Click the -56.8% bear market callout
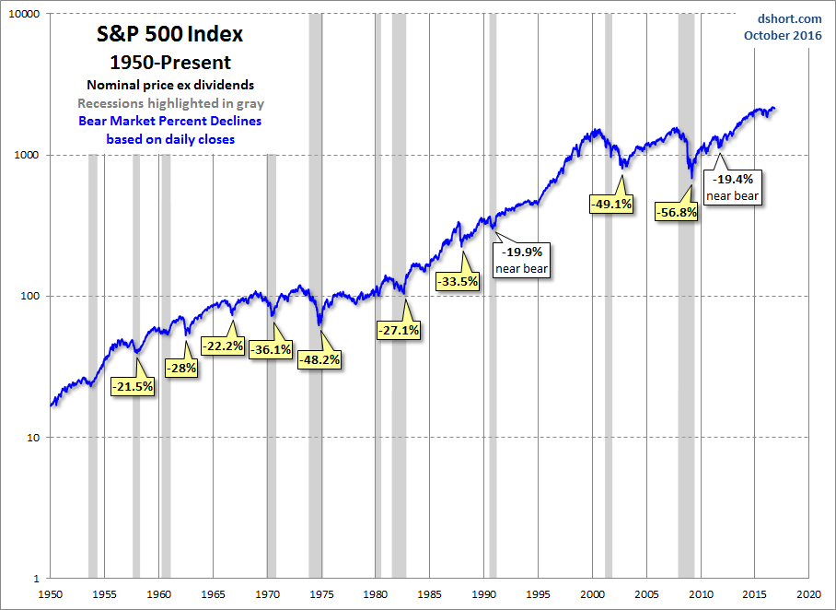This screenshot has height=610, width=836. click(x=677, y=212)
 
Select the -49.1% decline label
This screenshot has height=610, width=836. click(x=611, y=205)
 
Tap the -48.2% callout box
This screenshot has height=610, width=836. click(x=319, y=360)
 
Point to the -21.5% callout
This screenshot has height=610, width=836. click(x=133, y=387)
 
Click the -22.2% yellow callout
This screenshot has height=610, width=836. click(x=223, y=346)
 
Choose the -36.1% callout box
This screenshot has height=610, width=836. click(x=272, y=349)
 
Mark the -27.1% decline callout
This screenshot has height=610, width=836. click(x=399, y=329)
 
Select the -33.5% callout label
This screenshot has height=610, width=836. click(x=458, y=281)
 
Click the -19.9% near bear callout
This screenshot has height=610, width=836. click(x=523, y=259)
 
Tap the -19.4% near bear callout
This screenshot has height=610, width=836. click(x=733, y=187)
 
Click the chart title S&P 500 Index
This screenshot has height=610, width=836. click(x=170, y=35)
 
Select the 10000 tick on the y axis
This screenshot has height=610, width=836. click(x=22, y=15)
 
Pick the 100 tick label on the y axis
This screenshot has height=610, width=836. click(x=29, y=297)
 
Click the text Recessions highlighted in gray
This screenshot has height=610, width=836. click(x=170, y=103)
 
